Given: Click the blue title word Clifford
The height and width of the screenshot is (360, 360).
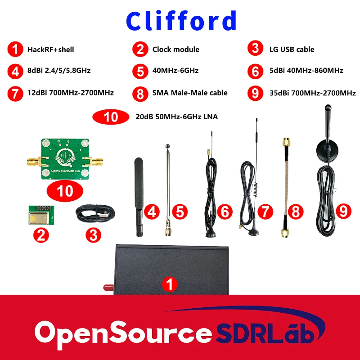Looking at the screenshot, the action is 181,21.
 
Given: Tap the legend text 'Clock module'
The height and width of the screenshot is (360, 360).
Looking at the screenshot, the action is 175,49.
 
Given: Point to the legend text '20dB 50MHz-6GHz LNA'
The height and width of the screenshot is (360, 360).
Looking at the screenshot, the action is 176,117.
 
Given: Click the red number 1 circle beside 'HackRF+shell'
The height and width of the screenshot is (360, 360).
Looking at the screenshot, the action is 15,50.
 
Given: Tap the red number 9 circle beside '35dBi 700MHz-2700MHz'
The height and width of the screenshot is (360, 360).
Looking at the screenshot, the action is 255,93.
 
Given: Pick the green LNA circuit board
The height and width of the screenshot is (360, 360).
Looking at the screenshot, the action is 66,159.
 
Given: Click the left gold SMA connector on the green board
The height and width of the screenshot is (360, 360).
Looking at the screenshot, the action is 32,159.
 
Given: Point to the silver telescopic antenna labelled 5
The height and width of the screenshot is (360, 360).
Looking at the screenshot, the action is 168,189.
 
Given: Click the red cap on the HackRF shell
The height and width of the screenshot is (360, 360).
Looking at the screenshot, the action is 108,286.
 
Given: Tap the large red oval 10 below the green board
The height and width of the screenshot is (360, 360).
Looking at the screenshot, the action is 65,191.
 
